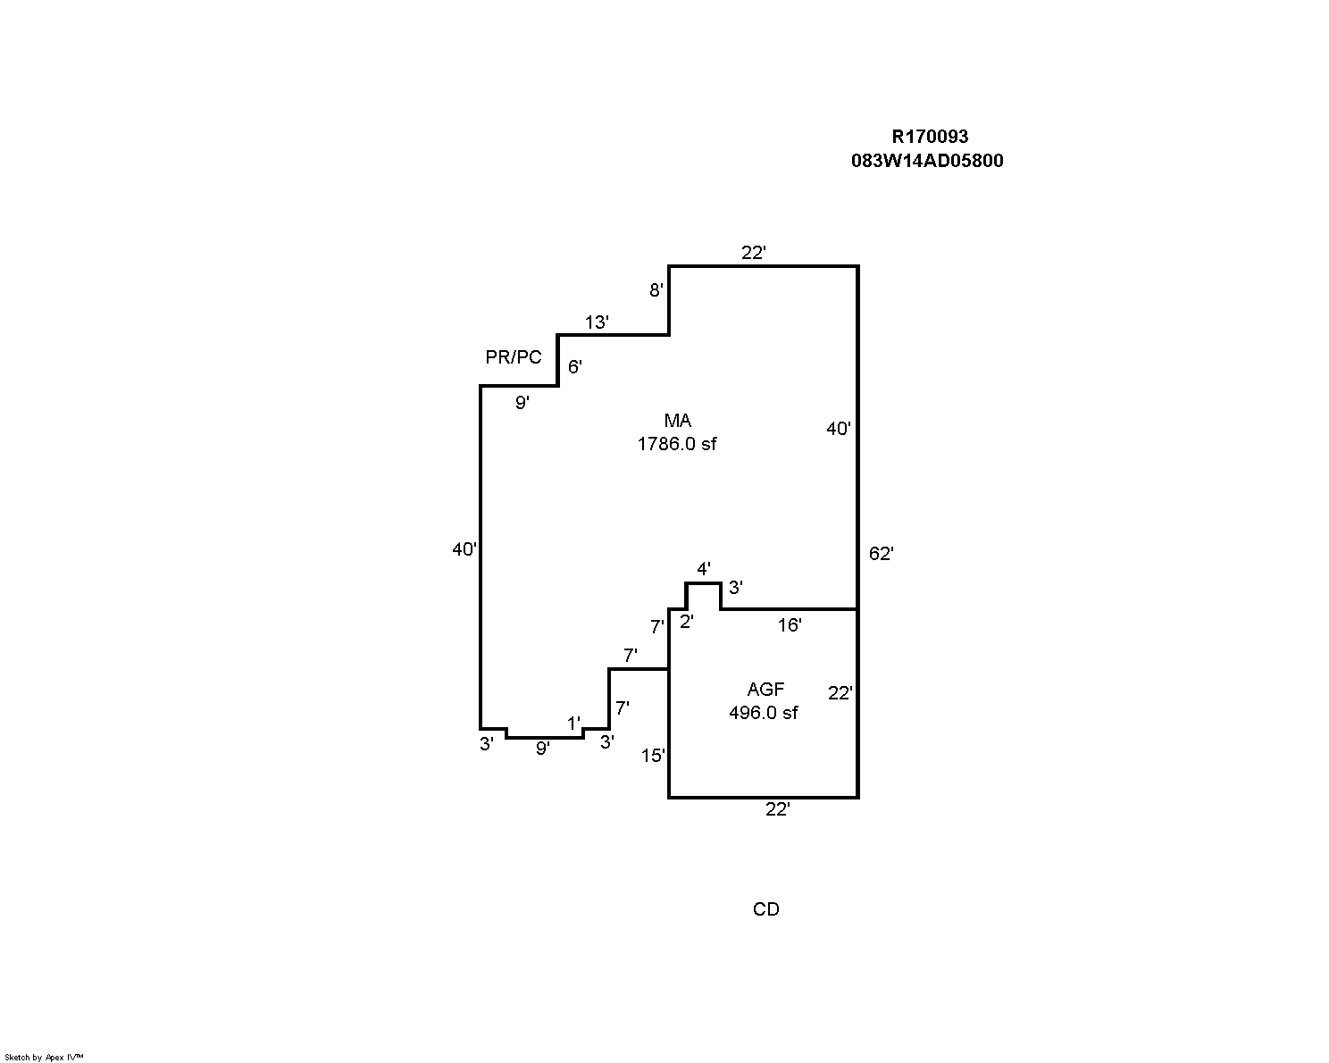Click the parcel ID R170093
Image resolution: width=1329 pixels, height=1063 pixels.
pyautogui.click(x=930, y=137)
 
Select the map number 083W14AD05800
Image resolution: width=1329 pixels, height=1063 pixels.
pyautogui.click(x=927, y=161)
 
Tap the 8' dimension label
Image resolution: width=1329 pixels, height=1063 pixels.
pyautogui.click(x=656, y=290)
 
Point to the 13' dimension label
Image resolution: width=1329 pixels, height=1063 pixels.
pyautogui.click(x=597, y=322)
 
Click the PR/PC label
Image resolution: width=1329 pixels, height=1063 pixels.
pyautogui.click(x=514, y=357)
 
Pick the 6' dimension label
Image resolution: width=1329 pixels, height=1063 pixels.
pyautogui.click(x=575, y=367)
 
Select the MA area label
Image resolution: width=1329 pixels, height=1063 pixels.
pyautogui.click(x=677, y=421)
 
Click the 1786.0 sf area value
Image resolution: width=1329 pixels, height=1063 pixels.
pyautogui.click(x=677, y=444)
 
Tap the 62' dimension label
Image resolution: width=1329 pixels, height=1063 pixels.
pyautogui.click(x=881, y=554)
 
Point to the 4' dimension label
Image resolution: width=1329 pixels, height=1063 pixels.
pyautogui.click(x=704, y=569)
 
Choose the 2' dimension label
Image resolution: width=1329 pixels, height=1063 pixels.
pyautogui.click(x=686, y=623)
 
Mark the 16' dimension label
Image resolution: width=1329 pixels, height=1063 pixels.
pyautogui.click(x=790, y=625)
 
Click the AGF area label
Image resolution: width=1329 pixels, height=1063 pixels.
pyautogui.click(x=765, y=690)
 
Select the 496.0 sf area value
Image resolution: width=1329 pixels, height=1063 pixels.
pyautogui.click(x=764, y=713)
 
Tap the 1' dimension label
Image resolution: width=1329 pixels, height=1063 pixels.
pyautogui.click(x=573, y=723)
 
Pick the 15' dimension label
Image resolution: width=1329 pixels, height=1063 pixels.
pyautogui.click(x=653, y=756)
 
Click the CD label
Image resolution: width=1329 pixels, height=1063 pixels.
pyautogui.click(x=766, y=909)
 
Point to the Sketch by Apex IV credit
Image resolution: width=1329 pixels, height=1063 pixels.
pyautogui.click(x=44, y=1057)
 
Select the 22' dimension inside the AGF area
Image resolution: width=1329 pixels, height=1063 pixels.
pyautogui.click(x=840, y=693)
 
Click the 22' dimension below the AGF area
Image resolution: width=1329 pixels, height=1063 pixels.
pyautogui.click(x=778, y=809)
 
